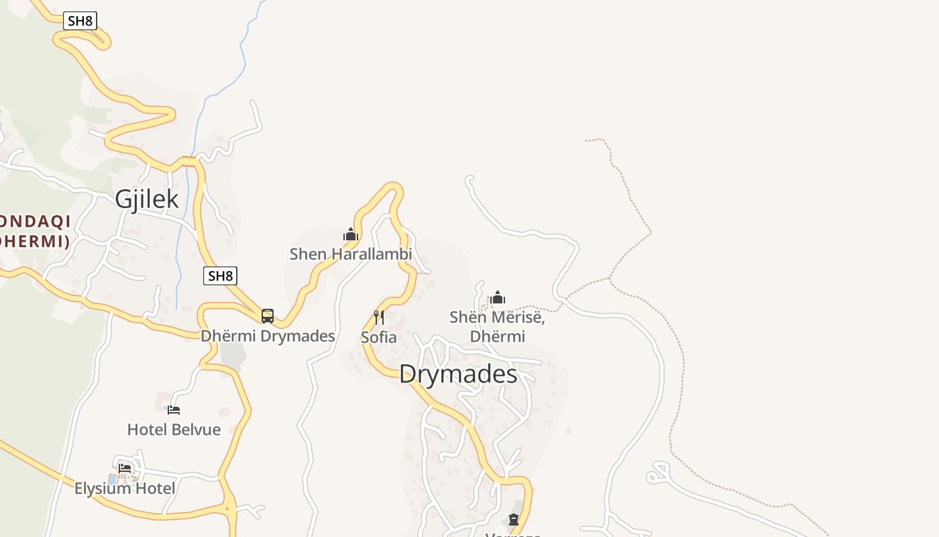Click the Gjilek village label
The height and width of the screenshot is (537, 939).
(147, 199)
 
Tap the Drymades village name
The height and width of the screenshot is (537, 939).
(458, 374)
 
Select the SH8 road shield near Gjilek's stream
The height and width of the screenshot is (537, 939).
(220, 275)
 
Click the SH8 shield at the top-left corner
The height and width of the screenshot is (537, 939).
(80, 21)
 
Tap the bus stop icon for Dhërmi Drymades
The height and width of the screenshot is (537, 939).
(268, 315)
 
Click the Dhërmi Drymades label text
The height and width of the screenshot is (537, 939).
(268, 336)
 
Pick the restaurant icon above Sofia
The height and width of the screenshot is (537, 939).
(379, 317)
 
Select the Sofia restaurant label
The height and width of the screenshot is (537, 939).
(379, 337)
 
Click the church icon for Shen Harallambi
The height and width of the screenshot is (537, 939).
(351, 234)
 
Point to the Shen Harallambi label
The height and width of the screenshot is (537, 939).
(351, 254)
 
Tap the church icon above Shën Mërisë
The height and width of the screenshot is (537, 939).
(498, 297)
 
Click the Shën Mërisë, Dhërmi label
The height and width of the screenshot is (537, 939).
(498, 326)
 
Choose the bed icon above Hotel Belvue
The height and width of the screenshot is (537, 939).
(174, 409)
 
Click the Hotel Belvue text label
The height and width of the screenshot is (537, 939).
(174, 429)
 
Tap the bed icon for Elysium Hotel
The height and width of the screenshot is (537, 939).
(125, 469)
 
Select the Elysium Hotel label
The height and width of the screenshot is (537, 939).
(125, 488)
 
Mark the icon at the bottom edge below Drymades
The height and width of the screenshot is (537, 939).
(514, 520)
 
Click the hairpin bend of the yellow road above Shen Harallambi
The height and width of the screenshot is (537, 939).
(394, 187)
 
